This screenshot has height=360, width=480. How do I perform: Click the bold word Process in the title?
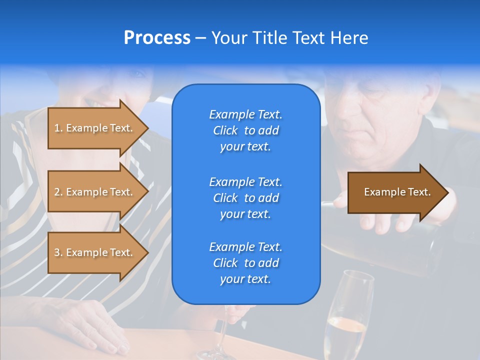click(x=157, y=38)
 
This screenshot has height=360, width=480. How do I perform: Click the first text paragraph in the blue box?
click(x=245, y=130)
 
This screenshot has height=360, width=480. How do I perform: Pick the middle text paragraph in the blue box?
click(x=245, y=198)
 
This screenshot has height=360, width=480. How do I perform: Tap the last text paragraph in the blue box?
click(x=245, y=263)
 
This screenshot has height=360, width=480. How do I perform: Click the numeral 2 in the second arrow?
click(x=57, y=192)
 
